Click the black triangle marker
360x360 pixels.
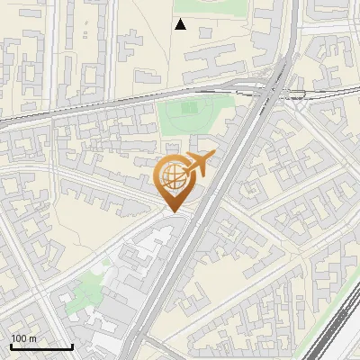(x=180, y=24)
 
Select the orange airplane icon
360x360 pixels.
(x=198, y=164)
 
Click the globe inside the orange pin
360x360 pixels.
(x=173, y=175)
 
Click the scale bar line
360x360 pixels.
(x=41, y=347)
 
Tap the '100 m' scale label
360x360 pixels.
(x=23, y=338)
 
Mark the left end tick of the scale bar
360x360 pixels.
(x=11, y=346)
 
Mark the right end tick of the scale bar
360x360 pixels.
(x=72, y=346)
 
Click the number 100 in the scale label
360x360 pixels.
(x=19, y=338)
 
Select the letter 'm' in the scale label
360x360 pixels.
(x=32, y=338)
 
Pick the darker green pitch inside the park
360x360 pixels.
(x=189, y=108)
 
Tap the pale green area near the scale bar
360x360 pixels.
(x=85, y=292)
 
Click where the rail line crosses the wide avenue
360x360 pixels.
(x=270, y=91)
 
